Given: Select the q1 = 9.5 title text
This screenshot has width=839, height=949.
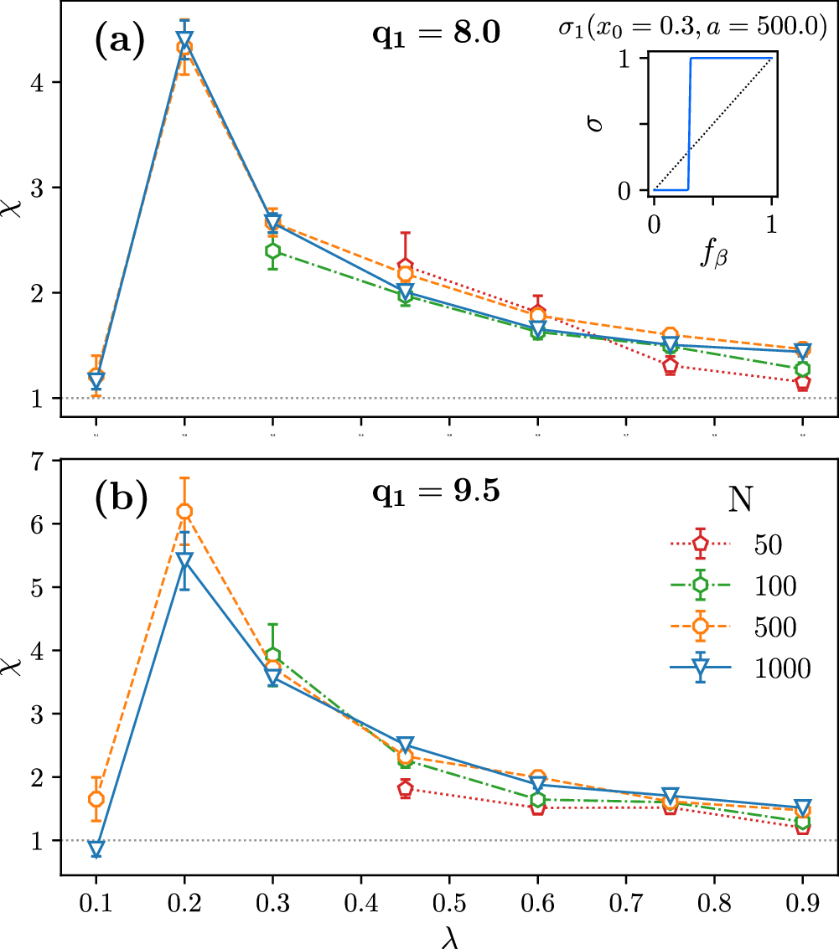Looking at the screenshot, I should click(x=436, y=492).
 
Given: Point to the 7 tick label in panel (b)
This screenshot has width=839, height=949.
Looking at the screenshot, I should click(x=39, y=461).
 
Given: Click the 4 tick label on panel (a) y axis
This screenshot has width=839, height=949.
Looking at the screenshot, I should click(x=39, y=82).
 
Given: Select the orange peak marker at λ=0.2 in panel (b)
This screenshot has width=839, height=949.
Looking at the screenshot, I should click(x=184, y=511).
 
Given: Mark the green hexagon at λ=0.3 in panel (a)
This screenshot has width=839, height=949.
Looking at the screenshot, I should click(x=272, y=250).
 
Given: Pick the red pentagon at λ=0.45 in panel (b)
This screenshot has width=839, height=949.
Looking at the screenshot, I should click(x=405, y=788).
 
